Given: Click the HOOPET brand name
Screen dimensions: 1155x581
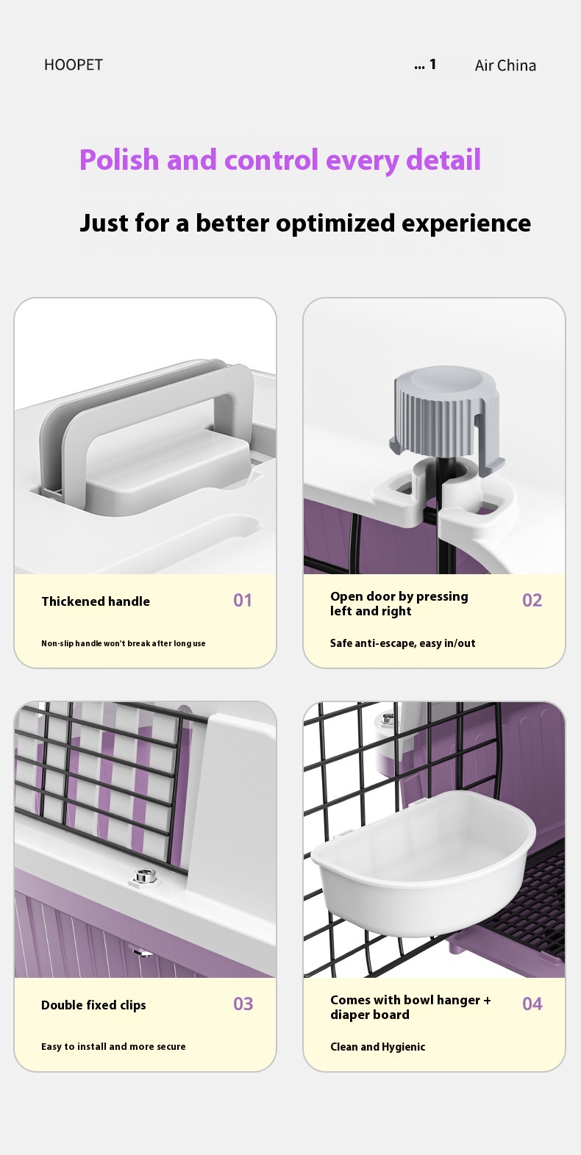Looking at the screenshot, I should tap(73, 65).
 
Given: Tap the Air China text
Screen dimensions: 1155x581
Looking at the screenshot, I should tap(505, 65).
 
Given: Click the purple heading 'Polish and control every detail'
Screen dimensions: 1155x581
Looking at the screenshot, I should tap(279, 160).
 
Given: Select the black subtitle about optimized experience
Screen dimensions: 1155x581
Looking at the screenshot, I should tap(304, 223).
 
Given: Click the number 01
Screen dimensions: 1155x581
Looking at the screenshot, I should tap(243, 601).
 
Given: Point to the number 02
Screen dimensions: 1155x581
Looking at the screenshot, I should tap(532, 601).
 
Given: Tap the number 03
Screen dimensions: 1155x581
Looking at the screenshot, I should tap(243, 1004).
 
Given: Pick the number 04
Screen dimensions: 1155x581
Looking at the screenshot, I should tap(532, 1004).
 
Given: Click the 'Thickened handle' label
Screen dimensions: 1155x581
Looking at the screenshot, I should tap(96, 601).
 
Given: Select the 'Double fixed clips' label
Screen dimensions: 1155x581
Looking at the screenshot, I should tap(93, 1005).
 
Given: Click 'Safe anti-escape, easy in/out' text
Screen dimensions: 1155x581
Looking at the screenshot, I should tap(402, 643).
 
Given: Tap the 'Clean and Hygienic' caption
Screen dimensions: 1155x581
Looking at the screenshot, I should tap(377, 1047).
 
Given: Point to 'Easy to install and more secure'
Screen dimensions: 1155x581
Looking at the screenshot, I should tap(113, 1047).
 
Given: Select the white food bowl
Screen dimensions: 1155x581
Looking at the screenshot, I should tap(424, 860).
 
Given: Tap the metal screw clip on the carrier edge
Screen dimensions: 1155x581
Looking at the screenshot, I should tap(141, 876).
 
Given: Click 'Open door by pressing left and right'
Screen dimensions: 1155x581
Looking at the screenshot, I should tap(399, 604).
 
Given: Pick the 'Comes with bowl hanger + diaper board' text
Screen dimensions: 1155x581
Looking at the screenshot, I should tap(410, 1007).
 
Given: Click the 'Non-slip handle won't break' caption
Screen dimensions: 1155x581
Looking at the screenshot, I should tap(123, 643).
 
